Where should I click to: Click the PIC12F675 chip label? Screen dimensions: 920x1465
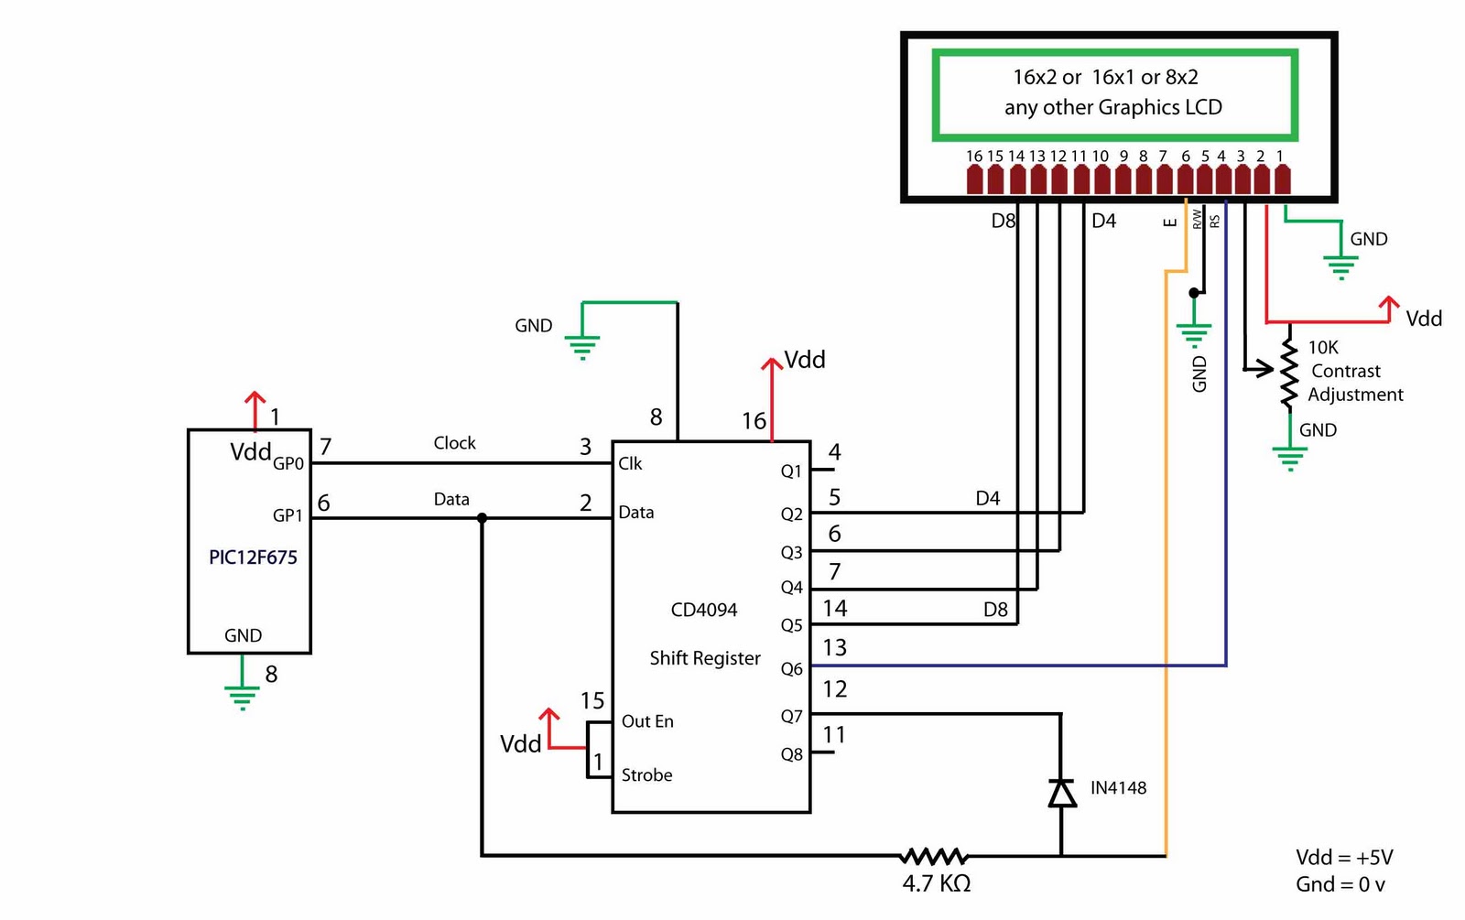(x=253, y=557)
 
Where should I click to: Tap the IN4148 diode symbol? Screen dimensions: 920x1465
(x=1062, y=793)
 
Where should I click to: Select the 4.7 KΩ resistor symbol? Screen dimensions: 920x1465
(x=933, y=857)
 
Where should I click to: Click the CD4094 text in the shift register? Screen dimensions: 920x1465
(x=703, y=610)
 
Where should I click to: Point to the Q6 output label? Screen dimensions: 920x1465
(x=791, y=669)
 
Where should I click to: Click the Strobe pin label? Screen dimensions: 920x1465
(x=646, y=775)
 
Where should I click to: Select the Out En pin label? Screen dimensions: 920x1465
(x=647, y=721)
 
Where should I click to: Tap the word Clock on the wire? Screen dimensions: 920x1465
(x=454, y=443)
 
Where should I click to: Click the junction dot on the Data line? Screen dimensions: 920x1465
(x=483, y=518)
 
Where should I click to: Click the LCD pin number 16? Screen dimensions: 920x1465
(x=973, y=157)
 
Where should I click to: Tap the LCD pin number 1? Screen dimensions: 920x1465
(x=1280, y=157)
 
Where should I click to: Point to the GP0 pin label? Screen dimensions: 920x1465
(x=288, y=464)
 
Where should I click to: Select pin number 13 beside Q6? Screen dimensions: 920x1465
(x=834, y=648)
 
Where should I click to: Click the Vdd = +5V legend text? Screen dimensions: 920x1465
(x=1343, y=858)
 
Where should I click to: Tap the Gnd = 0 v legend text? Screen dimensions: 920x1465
(x=1340, y=885)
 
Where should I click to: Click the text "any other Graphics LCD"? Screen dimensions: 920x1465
(x=1112, y=107)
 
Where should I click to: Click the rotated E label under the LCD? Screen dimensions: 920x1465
(x=1169, y=222)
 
